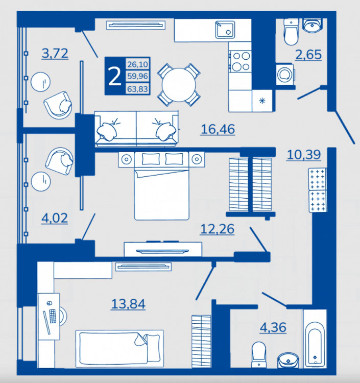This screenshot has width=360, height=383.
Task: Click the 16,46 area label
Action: tap(218, 129)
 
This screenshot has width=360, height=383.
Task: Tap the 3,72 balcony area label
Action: tap(55, 54)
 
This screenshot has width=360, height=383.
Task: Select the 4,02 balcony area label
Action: tap(55, 218)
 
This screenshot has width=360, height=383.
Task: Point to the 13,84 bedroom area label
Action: tap(128, 304)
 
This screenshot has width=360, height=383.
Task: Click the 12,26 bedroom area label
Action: tap(218, 229)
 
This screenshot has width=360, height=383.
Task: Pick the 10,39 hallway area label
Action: tap(304, 155)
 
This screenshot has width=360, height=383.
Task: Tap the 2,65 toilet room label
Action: tap(308, 55)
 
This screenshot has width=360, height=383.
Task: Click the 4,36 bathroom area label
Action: tap(273, 327)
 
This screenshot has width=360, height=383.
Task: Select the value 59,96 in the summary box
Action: tap(137, 76)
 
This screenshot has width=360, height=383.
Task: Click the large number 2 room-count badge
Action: tap(115, 77)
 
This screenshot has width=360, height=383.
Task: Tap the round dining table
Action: tap(179, 84)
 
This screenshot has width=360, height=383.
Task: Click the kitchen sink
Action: tap(225, 30)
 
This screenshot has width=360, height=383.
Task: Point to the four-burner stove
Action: tap(241, 61)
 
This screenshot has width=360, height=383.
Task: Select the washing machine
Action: tap(285, 74)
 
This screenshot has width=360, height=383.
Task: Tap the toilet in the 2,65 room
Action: tap(291, 32)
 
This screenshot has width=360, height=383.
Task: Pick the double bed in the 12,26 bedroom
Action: tap(162, 186)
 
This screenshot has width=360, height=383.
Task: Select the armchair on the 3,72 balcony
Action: tap(58, 105)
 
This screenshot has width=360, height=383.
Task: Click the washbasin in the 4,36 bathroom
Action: tap(288, 360)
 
